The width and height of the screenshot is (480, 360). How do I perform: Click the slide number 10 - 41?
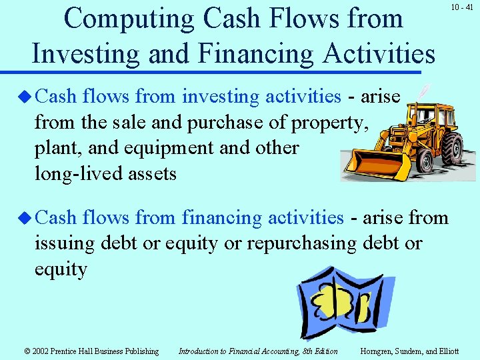point(461,7)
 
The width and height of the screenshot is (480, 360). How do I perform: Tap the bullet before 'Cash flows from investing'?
point(25,97)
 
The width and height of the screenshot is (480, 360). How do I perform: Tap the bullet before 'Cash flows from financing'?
point(25,218)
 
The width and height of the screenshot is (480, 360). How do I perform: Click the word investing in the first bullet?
point(221,97)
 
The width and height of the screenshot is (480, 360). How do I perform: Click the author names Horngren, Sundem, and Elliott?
point(409,351)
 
